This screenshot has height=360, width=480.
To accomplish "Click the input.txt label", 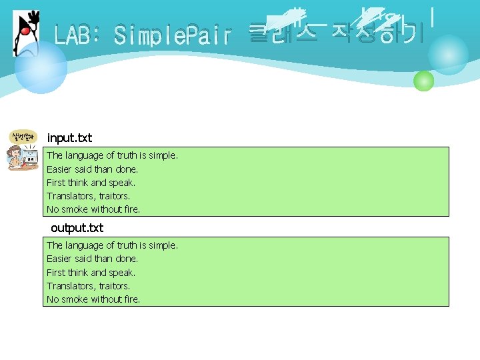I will coord(69,138).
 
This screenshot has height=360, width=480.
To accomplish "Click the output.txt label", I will coord(77,228).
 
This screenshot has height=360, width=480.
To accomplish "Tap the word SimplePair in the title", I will coord(172,35).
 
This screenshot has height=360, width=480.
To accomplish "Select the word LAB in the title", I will coord(75,35).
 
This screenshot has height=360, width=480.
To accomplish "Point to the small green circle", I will coord(423,81).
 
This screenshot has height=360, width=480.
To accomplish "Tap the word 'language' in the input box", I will coord(85,155).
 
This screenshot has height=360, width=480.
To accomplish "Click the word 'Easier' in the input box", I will coord(59,169).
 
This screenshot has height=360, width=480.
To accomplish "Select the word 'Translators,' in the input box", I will coord(71,196).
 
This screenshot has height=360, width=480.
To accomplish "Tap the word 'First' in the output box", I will coord(55,273).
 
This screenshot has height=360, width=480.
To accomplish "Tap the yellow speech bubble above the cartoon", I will coord(23,137).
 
